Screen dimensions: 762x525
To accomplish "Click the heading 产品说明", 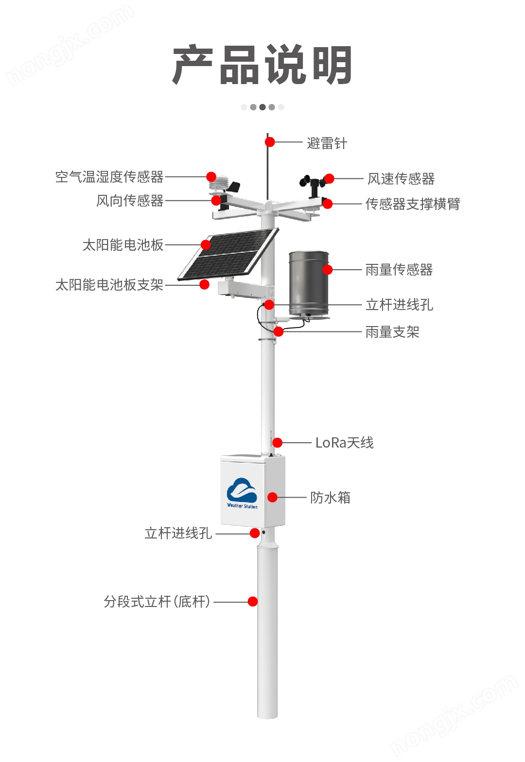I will [x=262, y=65].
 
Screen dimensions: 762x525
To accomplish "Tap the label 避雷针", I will [x=327, y=143].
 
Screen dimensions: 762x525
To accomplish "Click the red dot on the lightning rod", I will [x=270, y=142].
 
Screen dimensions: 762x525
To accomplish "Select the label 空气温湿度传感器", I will [x=109, y=177].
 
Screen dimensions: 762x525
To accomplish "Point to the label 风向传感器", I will [x=130, y=201].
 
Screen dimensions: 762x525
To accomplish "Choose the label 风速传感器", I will [x=401, y=179].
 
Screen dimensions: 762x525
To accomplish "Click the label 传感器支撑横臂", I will [x=412, y=204].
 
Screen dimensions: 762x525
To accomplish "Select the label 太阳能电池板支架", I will [x=109, y=285].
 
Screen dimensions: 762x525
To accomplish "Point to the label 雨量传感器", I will [x=399, y=270].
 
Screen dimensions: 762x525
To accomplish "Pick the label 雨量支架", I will [x=392, y=332].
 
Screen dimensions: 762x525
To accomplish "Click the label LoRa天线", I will [x=344, y=443].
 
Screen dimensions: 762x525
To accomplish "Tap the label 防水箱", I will [x=330, y=498].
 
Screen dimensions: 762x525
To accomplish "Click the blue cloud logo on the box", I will [x=242, y=490].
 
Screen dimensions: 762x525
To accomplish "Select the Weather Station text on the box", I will [x=242, y=506].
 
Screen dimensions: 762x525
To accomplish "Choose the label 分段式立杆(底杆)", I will [x=157, y=602].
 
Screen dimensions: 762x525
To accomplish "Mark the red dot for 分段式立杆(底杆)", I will [x=253, y=602].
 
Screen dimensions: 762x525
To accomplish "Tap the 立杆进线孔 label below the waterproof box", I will [x=178, y=534].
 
